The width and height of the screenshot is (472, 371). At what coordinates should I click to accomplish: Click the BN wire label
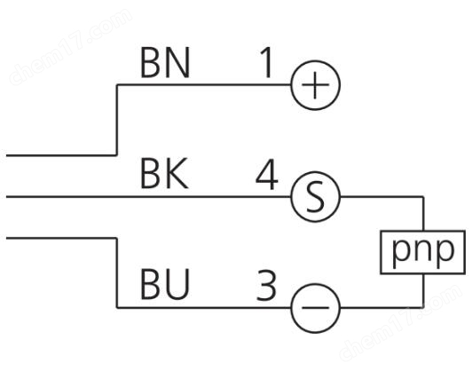[x=165, y=63]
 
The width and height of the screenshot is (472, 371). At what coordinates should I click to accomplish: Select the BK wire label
[x=164, y=174]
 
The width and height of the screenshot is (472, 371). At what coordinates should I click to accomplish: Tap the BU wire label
[x=165, y=285]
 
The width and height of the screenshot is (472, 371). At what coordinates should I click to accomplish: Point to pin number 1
[x=267, y=63]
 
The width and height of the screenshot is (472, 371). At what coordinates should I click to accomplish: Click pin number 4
[x=267, y=175]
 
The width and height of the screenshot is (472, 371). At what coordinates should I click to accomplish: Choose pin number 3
[x=266, y=286]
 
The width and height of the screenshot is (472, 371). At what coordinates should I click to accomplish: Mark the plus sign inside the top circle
[x=315, y=85]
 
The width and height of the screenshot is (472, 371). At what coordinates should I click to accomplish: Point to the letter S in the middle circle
[x=315, y=197]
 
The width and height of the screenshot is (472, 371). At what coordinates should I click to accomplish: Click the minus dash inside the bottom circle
[x=315, y=307]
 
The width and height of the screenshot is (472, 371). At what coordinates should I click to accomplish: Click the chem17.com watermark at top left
[x=71, y=47]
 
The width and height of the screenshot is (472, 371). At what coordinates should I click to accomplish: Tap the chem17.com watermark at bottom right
[x=402, y=322]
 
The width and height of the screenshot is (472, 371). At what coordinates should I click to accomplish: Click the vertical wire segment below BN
[x=117, y=120]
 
